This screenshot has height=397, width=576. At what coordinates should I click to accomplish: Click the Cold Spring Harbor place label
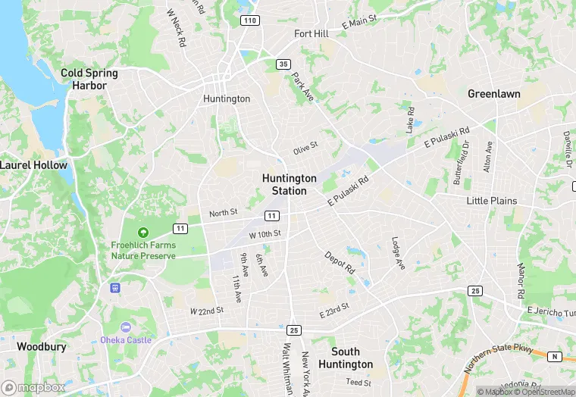point(89,80)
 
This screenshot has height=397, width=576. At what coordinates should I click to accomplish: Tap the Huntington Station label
point(290,184)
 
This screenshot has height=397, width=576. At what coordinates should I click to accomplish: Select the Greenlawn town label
point(493,94)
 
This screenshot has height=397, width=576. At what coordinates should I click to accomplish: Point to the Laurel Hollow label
point(34,165)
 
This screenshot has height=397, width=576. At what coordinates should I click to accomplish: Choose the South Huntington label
point(352,358)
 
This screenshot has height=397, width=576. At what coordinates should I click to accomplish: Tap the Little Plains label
point(492,201)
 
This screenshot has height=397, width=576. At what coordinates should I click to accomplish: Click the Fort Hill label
point(311,34)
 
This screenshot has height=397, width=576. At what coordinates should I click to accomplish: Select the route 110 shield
point(250,20)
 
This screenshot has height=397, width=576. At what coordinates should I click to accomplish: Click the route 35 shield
point(283,64)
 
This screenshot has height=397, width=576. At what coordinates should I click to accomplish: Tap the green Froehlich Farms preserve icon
point(142,233)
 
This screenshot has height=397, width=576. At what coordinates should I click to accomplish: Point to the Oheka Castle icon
point(126,327)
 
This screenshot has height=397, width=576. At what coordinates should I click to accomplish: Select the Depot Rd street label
point(340,262)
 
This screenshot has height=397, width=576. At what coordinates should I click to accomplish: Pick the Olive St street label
point(305,148)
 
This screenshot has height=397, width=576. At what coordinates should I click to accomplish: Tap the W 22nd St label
point(207,311)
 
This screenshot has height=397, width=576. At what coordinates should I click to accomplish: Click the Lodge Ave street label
point(398,253)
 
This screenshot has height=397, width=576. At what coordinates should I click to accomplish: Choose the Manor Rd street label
point(521,280)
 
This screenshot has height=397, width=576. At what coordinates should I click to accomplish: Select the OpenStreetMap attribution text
point(545,392)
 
